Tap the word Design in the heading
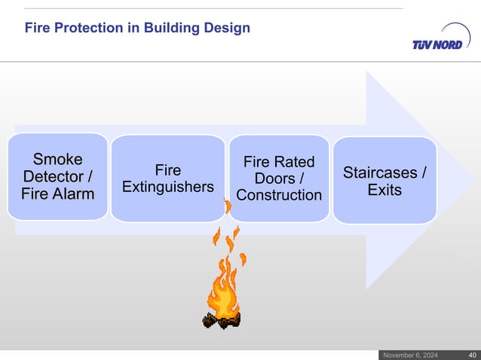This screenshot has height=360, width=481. (229, 29)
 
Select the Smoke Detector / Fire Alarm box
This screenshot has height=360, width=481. (58, 177)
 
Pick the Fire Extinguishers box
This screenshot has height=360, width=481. (168, 178)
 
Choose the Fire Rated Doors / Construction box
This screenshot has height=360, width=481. (279, 178)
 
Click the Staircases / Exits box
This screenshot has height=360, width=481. (384, 181)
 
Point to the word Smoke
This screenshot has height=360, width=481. (58, 159)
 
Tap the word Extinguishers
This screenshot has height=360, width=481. (168, 187)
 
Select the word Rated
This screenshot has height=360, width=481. (294, 163)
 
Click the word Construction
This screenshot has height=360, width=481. (279, 195)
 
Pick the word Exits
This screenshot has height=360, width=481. (384, 190)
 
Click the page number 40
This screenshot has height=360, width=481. (472, 355)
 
